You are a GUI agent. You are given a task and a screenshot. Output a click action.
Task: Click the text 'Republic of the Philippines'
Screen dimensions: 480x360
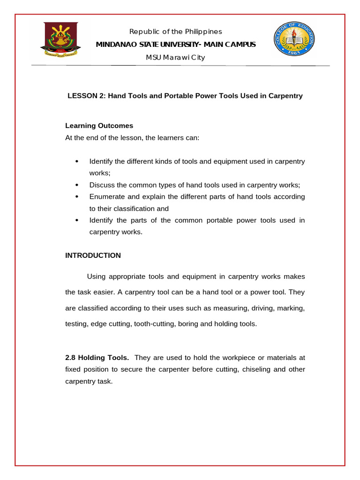pos(176,31)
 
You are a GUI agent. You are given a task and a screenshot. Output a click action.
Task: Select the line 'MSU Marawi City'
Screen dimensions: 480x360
pos(176,58)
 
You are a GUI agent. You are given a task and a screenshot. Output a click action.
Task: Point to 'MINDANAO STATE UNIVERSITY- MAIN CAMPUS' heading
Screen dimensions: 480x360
pos(176,45)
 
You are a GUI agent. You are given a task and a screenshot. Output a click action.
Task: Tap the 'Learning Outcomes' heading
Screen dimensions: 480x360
pos(99,126)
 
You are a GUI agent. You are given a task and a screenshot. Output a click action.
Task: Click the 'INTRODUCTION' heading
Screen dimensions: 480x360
pos(93,255)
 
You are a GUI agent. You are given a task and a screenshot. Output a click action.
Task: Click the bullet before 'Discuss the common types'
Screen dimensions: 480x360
pos(76,185)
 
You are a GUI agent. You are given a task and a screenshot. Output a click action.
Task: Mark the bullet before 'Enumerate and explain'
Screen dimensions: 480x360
pos(76,197)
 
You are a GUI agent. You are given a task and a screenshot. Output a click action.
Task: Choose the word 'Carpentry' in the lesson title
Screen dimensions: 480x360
pos(285,96)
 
